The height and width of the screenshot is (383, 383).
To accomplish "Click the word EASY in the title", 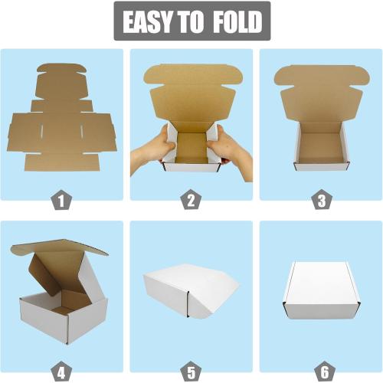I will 150,23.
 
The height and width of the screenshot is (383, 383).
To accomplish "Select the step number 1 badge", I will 61,201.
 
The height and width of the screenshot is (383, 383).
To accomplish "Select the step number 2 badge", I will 191,201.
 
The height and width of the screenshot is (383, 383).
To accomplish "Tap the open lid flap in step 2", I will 191,88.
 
